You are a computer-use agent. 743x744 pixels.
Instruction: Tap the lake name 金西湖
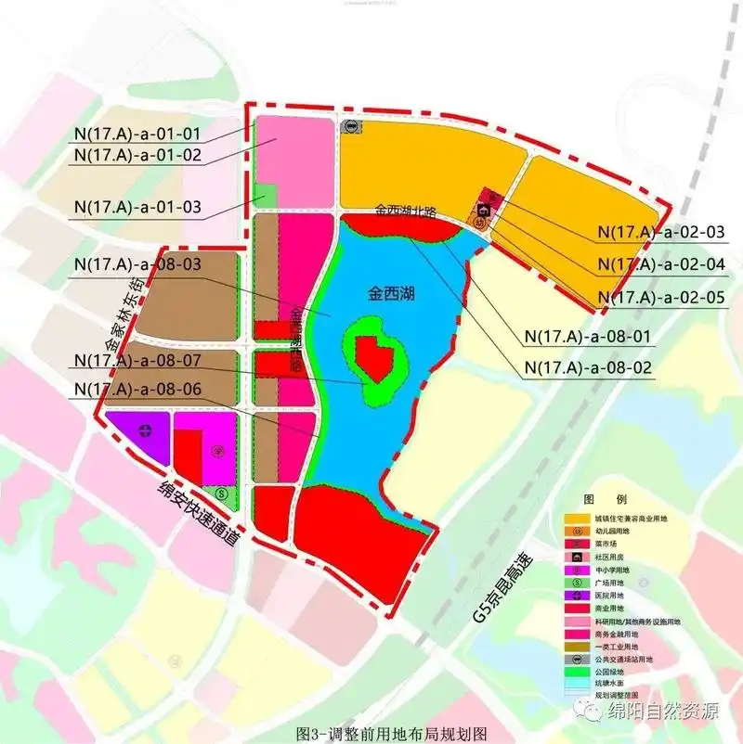click(391, 296)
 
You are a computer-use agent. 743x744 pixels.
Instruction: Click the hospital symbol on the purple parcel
click(145, 430)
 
